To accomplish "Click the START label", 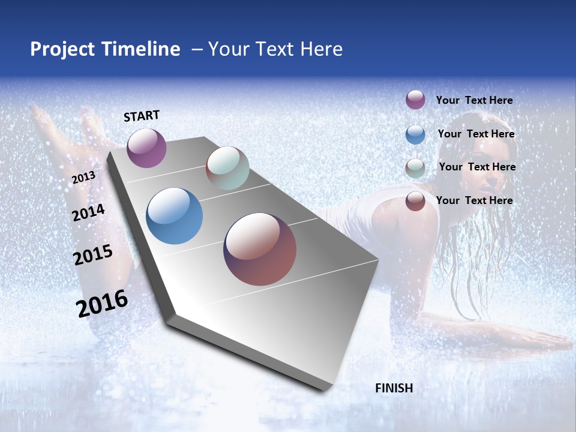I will click(x=142, y=116).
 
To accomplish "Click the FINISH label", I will click(x=394, y=388).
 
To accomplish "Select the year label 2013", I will click(x=83, y=178).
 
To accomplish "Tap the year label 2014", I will click(x=88, y=212).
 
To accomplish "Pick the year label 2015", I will click(x=92, y=255).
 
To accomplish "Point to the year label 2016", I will click(x=102, y=303).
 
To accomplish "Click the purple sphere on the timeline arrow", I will click(x=146, y=148).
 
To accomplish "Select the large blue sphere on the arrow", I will click(x=175, y=216).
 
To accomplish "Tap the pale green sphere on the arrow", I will click(x=227, y=168).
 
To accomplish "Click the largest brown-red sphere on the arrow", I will click(x=260, y=249).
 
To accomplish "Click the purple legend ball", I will click(x=415, y=100).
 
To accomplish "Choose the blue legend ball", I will click(x=415, y=134).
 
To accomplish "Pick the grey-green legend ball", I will click(x=415, y=168).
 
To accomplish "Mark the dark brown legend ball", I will click(x=415, y=201).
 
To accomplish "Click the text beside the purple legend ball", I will click(x=474, y=100).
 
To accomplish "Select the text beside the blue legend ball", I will click(x=476, y=134).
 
